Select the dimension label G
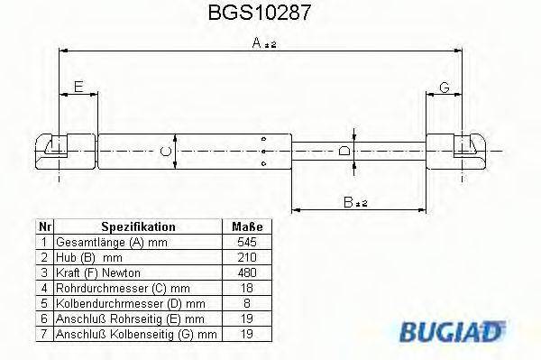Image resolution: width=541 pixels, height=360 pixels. coord(445,87)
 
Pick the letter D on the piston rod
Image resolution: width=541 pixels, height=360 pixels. coord(344,151)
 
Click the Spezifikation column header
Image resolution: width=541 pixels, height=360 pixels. coord(138,227)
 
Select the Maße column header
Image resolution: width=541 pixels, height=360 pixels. coord(246,227)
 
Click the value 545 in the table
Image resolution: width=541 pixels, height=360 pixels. coord(246,243)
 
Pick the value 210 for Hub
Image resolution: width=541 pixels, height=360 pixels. coord(246,258)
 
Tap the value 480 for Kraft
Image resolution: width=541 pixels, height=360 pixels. coord(246,273)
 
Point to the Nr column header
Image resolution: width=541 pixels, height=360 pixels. coord(44,227)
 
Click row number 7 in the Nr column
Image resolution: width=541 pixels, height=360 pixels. coord(44,335)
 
